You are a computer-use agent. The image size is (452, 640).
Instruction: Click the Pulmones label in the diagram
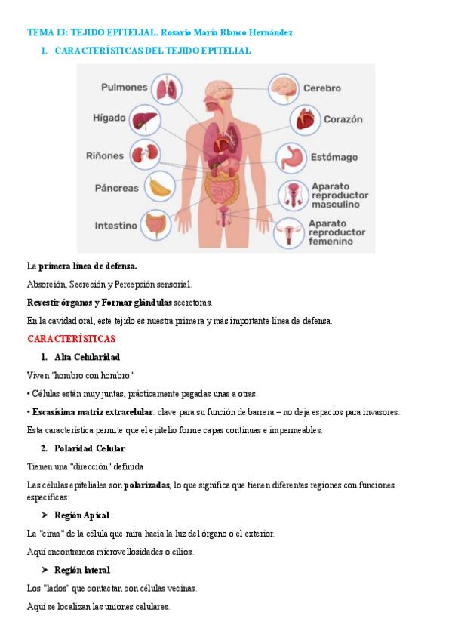[x=125, y=88]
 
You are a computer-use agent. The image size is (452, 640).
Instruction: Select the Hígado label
[x=109, y=119]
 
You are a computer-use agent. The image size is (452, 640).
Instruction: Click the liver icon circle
[x=145, y=121]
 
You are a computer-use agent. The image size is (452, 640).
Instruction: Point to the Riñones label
[x=105, y=156]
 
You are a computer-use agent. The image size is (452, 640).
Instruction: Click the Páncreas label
[x=116, y=188]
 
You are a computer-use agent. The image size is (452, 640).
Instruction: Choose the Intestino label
[x=115, y=226]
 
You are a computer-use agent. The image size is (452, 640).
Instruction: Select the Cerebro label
[x=321, y=88]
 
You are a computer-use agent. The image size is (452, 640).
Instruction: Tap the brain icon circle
[x=283, y=88]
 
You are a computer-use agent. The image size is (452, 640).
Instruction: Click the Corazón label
[x=343, y=119]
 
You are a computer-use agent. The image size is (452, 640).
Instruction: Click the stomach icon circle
[x=291, y=158]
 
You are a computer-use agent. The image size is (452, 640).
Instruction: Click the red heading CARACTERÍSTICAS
[x=72, y=339]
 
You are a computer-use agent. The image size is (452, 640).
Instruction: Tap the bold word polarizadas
[x=147, y=485]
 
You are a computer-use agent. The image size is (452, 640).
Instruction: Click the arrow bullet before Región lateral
[x=44, y=570]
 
